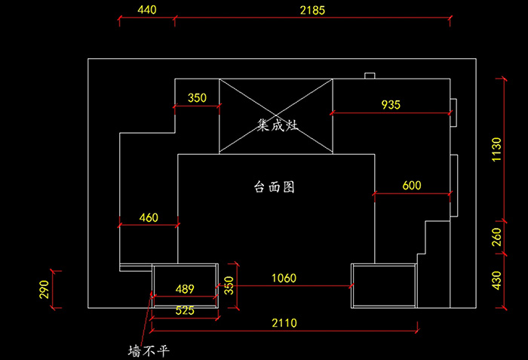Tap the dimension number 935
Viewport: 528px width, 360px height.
(391, 104)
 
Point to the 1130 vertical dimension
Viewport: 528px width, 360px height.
(496, 150)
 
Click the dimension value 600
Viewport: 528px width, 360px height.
(412, 186)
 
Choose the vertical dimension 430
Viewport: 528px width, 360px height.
(496, 280)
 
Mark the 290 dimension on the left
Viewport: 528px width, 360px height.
(45, 289)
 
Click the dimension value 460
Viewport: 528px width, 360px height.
(149, 218)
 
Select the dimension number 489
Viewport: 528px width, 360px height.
(185, 288)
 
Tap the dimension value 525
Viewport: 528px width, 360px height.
(185, 309)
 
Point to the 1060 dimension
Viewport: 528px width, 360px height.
(284, 278)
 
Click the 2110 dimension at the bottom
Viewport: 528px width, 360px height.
(284, 323)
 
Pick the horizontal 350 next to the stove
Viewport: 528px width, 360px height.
(197, 97)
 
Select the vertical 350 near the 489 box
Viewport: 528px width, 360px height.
(229, 285)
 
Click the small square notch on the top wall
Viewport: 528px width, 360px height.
(370, 75)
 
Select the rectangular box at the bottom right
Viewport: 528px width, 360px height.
(384, 285)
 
